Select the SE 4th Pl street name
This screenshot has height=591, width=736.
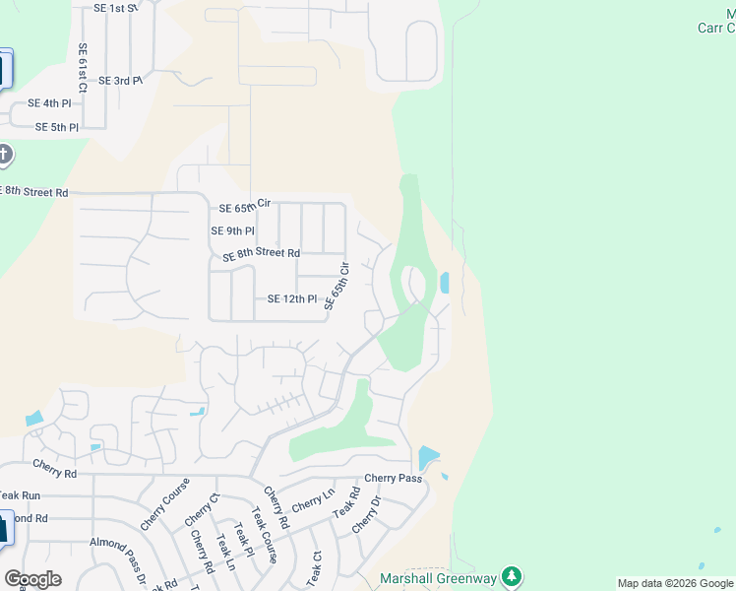[49, 103]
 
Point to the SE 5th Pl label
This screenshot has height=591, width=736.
[56, 127]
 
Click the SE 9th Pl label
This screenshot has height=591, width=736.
[232, 230]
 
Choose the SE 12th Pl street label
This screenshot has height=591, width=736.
[292, 299]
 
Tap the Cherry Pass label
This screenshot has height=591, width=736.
[393, 479]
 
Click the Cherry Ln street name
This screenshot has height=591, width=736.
[313, 500]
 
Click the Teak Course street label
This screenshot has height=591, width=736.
[259, 532]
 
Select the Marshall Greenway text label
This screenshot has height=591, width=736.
[439, 578]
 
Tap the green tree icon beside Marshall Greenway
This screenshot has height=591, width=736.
[511, 576]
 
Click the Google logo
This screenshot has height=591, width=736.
[32, 579]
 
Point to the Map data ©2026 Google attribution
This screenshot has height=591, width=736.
[675, 583]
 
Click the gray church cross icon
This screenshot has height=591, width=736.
[4, 155]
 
